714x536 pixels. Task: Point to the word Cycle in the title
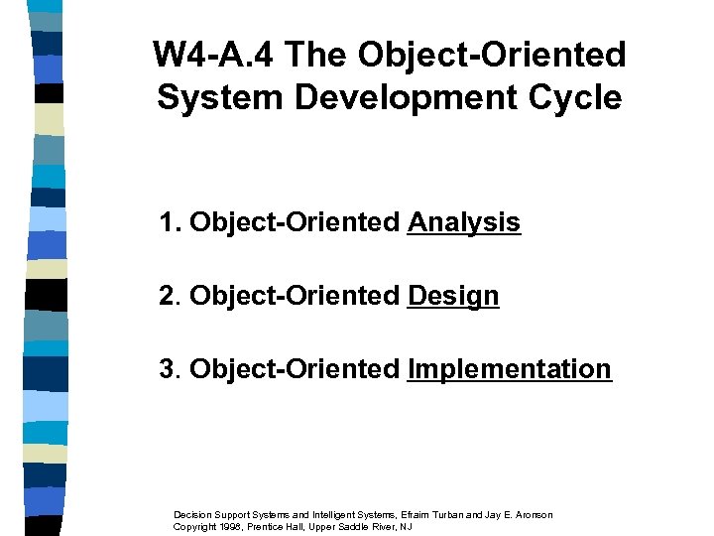580,98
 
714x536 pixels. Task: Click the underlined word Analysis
463,222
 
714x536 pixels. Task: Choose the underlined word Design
453,296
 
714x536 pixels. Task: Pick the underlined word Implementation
510,369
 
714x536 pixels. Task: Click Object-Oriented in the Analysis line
295,222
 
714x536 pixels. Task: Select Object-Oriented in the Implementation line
295,369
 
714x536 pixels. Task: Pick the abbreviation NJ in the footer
407,526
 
